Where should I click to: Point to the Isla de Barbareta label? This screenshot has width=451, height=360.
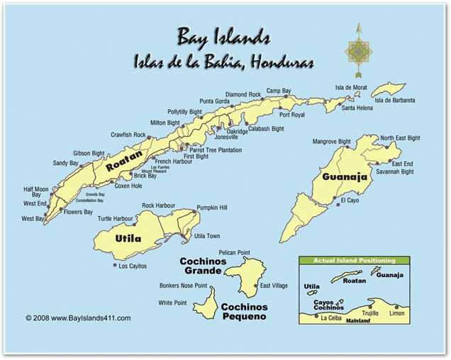pos(395,101)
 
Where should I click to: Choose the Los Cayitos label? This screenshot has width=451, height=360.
pos(133,266)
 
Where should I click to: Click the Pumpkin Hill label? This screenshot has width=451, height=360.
pos(212,208)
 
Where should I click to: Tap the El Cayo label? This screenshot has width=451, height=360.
pos(350,201)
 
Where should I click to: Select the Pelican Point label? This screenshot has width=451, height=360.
pos(234,252)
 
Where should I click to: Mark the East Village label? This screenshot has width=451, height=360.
pos(274,286)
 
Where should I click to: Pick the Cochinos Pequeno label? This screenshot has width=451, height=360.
pos(245,312)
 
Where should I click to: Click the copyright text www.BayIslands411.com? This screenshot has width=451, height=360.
pos(78,318)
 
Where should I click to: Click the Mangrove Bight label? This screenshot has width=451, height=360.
pos(331,142)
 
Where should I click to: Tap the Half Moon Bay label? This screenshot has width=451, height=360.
pos(36,192)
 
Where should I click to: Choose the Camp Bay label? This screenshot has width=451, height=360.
pos(278,91)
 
